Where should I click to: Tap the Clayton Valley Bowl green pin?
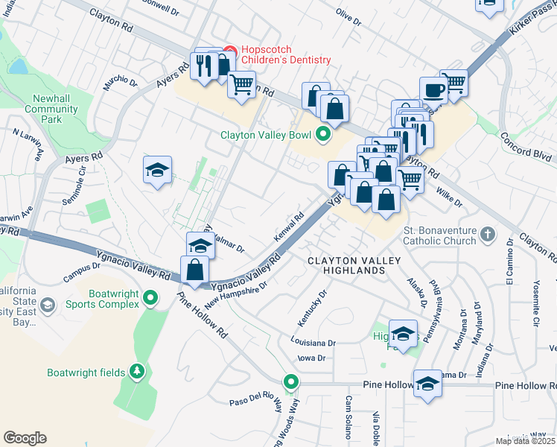pos(322,135)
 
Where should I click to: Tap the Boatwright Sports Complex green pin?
pos(150,299)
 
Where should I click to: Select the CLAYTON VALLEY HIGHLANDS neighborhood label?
pos(355,265)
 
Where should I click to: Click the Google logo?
pos(25,438)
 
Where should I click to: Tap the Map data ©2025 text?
pos(524,441)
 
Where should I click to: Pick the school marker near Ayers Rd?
pos(157,171)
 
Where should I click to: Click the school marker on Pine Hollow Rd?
pos(427,384)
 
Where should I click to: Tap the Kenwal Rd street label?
pos(290,225)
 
